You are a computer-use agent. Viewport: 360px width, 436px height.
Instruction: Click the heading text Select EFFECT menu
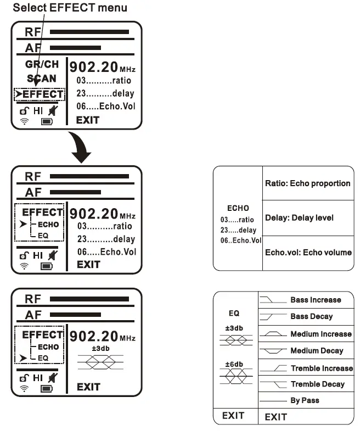pos(70,8)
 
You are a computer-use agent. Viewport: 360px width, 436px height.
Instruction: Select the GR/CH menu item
pos(42,65)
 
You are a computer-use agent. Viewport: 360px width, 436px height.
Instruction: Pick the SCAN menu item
pos(42,79)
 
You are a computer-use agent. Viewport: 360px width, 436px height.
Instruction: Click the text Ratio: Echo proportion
pos(307,183)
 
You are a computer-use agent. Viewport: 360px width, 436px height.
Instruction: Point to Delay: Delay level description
pos(299,218)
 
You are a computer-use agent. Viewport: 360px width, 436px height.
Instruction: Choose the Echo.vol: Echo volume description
pos(308,252)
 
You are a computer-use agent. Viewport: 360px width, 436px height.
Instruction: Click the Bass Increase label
pos(316,300)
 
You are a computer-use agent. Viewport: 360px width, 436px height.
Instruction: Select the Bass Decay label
pos(312,316)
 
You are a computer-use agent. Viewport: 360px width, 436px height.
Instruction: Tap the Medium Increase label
pos(320,334)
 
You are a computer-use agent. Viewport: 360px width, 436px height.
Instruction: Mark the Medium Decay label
pos(317,350)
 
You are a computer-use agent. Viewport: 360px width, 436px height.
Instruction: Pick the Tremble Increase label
pos(322,368)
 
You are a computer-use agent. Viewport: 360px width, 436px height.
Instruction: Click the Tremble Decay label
pos(317,384)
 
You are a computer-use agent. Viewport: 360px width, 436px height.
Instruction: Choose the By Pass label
pos(305,400)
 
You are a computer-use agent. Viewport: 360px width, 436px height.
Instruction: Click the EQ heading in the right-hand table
pos(234,314)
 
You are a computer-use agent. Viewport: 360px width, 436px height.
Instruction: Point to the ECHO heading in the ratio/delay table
pos(238,208)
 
